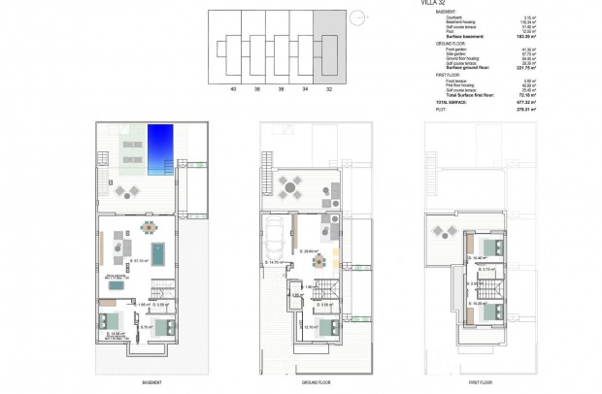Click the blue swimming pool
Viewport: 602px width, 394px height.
[x=161, y=149]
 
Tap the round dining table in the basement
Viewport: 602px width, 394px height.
[x=148, y=229]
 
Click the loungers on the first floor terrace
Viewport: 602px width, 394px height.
[x=446, y=230]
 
